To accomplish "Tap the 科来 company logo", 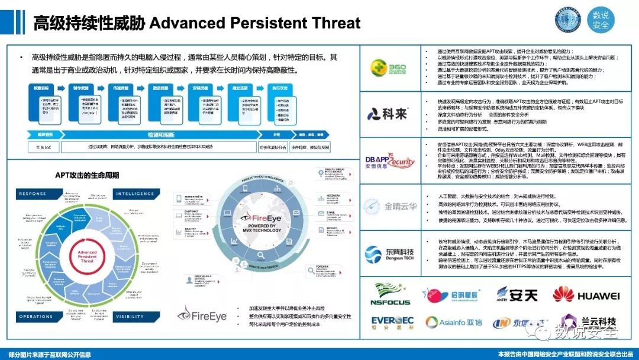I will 388,113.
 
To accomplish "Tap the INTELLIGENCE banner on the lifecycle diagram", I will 135,194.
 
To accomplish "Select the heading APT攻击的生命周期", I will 87,175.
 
